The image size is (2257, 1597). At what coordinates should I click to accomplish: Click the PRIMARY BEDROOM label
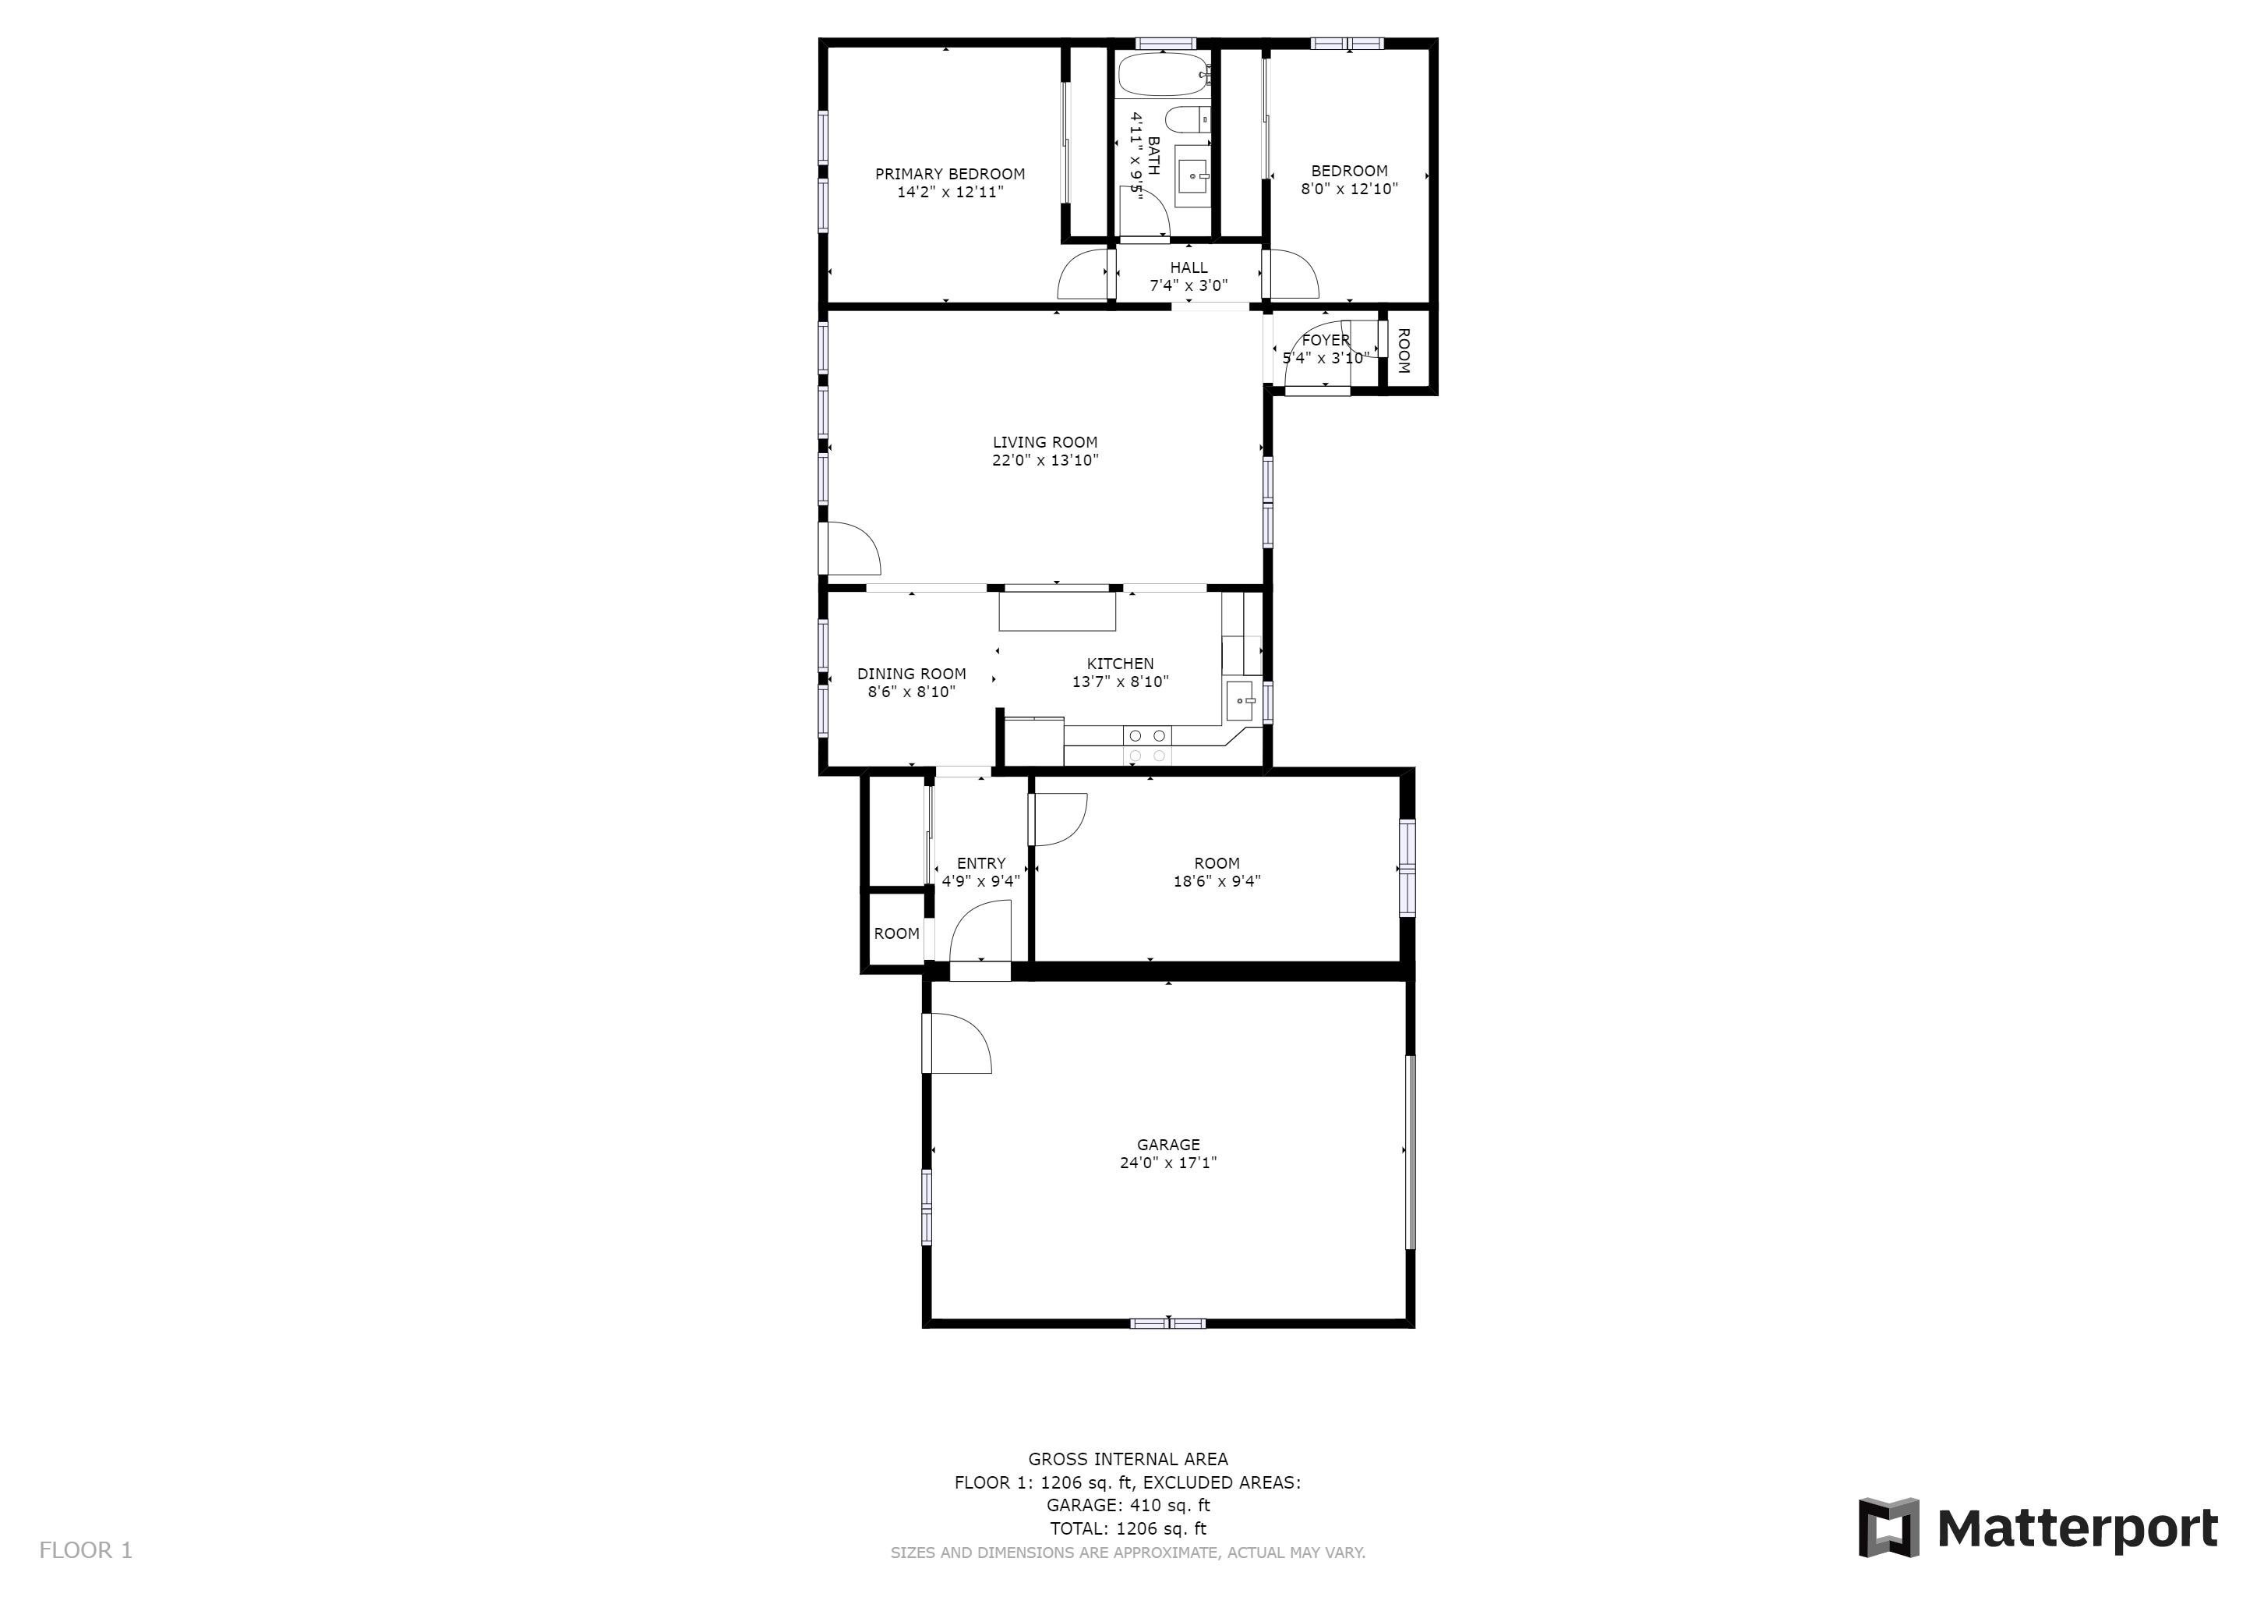(949, 174)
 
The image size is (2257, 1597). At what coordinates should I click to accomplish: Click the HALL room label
(1189, 267)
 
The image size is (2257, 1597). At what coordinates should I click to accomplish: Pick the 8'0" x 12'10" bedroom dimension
(1349, 189)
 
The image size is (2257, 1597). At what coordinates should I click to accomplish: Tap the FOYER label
(1325, 340)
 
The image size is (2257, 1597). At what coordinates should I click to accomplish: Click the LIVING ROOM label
(1045, 442)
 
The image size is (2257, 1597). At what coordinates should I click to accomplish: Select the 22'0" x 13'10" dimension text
(1045, 460)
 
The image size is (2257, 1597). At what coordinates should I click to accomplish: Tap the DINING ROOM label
(911, 674)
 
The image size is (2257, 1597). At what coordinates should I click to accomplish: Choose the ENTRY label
(981, 863)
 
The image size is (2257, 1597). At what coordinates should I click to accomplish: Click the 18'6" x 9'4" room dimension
(1217, 882)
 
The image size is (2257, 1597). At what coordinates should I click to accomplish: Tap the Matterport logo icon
(1888, 1527)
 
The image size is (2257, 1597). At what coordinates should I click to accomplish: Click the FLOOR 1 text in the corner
(86, 1551)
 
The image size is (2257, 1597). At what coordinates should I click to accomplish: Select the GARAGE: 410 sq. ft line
(1128, 1506)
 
